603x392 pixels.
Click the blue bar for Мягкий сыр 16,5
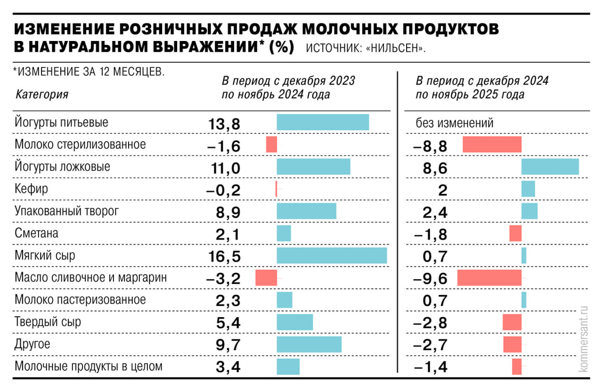click(332, 256)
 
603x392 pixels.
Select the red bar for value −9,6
click(489, 278)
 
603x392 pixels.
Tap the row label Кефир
click(32, 189)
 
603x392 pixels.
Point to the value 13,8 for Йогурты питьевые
click(224, 124)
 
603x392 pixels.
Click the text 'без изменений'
click(455, 123)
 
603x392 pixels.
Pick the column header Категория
click(42, 94)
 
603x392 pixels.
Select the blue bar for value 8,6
click(550, 167)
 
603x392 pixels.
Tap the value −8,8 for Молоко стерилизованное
click(430, 146)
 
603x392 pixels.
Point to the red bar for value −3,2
click(266, 278)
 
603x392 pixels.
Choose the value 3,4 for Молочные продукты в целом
click(228, 367)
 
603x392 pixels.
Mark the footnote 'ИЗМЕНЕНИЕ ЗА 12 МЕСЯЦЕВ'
click(90, 72)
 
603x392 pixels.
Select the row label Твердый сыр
click(48, 322)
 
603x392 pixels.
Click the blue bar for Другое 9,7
click(309, 344)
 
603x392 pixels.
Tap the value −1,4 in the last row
click(430, 367)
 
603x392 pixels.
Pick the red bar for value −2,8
click(512, 322)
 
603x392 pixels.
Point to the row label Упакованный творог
click(66, 211)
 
